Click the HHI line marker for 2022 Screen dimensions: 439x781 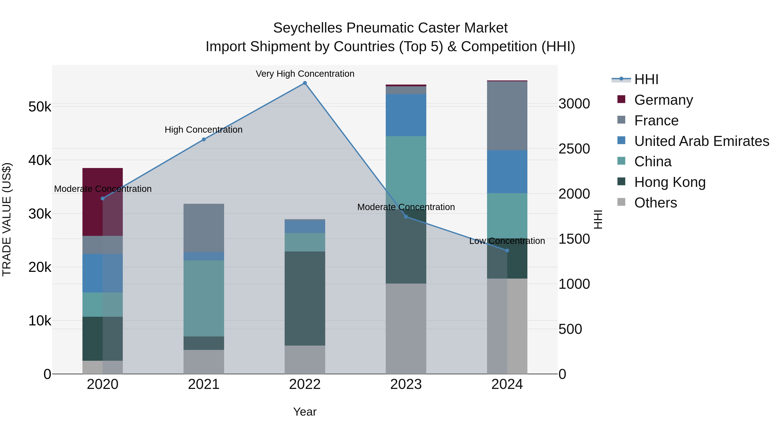click(x=305, y=83)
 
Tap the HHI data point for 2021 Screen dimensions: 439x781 click(x=204, y=139)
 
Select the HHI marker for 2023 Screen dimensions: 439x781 click(x=406, y=217)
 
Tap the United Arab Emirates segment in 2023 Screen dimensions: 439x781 click(x=406, y=115)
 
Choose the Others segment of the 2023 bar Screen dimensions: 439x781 click(x=406, y=328)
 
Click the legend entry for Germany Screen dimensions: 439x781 click(x=663, y=100)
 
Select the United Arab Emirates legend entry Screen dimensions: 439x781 click(x=702, y=141)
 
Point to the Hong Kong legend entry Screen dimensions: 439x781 click(x=670, y=182)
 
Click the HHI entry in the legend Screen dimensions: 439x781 click(x=646, y=79)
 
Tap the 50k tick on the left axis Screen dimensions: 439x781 click(x=40, y=107)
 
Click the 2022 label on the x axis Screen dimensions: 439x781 click(x=305, y=384)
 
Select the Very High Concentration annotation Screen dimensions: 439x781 click(x=305, y=74)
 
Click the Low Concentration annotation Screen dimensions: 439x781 click(x=507, y=241)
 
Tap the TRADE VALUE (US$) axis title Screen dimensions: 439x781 click(x=7, y=219)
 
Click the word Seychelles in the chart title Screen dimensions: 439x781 click(x=307, y=28)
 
